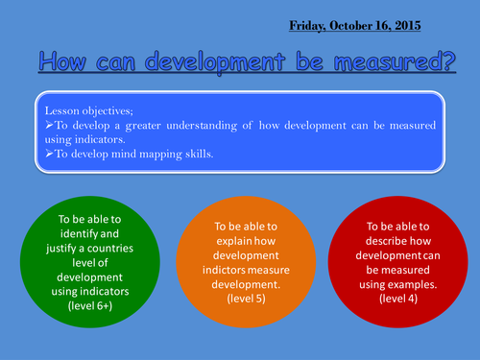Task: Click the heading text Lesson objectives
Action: tap(84, 108)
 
